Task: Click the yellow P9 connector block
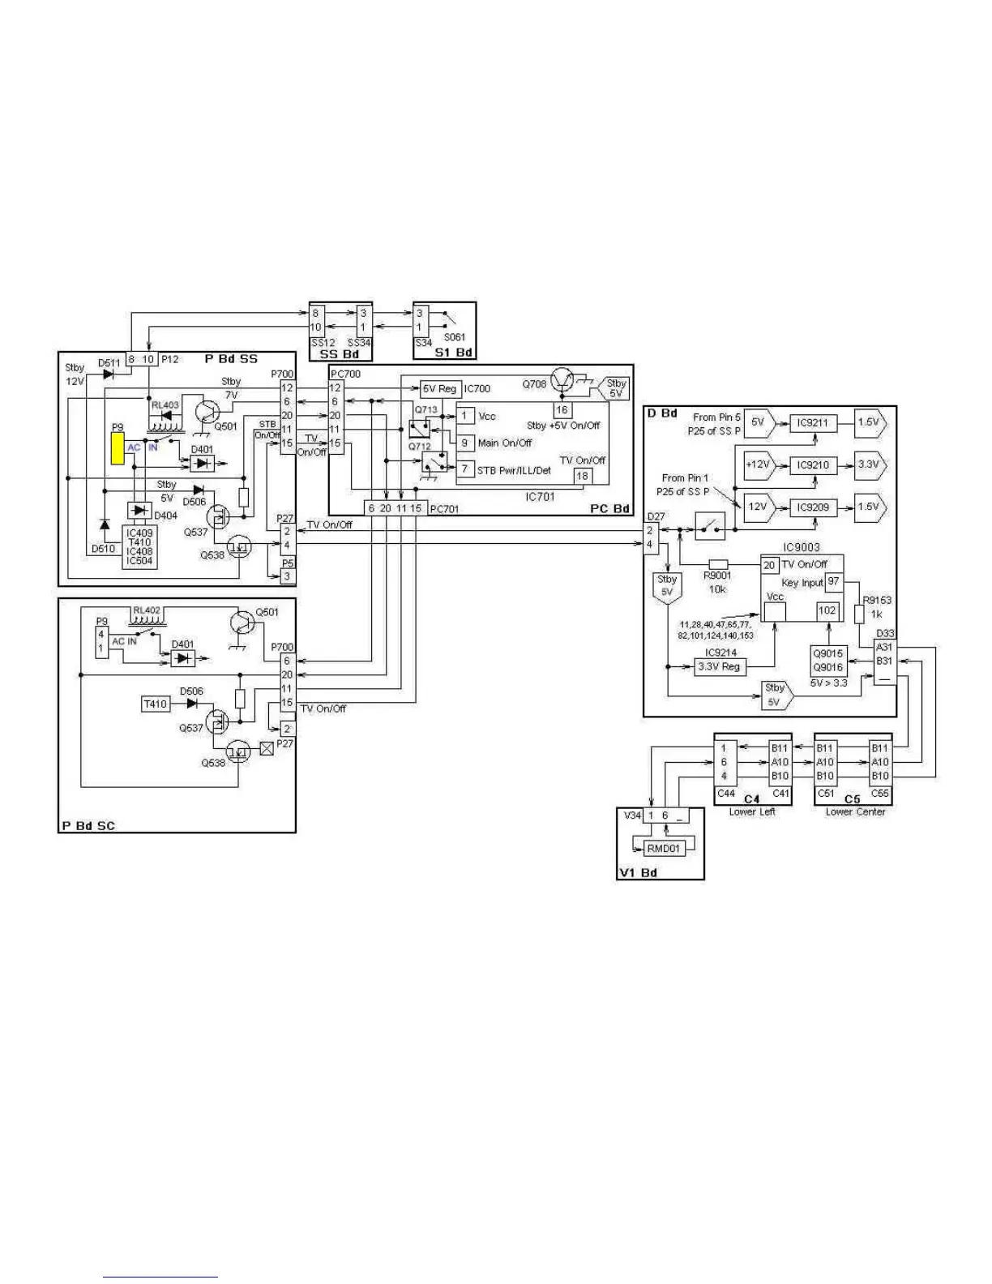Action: click(118, 448)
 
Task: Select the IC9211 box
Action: click(812, 422)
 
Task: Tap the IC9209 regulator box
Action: click(812, 507)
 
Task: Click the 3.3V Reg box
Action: click(719, 666)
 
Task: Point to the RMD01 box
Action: click(664, 848)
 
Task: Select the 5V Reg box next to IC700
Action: click(440, 389)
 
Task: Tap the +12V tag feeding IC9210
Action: click(758, 464)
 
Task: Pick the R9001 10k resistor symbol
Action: click(717, 564)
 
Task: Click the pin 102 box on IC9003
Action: click(827, 610)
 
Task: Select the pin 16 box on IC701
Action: click(562, 410)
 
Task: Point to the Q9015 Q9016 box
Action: click(828, 661)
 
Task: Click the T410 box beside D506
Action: click(156, 704)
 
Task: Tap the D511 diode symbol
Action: click(109, 374)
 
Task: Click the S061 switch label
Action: click(454, 337)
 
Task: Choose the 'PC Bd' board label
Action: click(609, 508)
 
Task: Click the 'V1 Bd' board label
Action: click(638, 872)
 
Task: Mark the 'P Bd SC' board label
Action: click(88, 826)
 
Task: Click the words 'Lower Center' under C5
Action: click(855, 811)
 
